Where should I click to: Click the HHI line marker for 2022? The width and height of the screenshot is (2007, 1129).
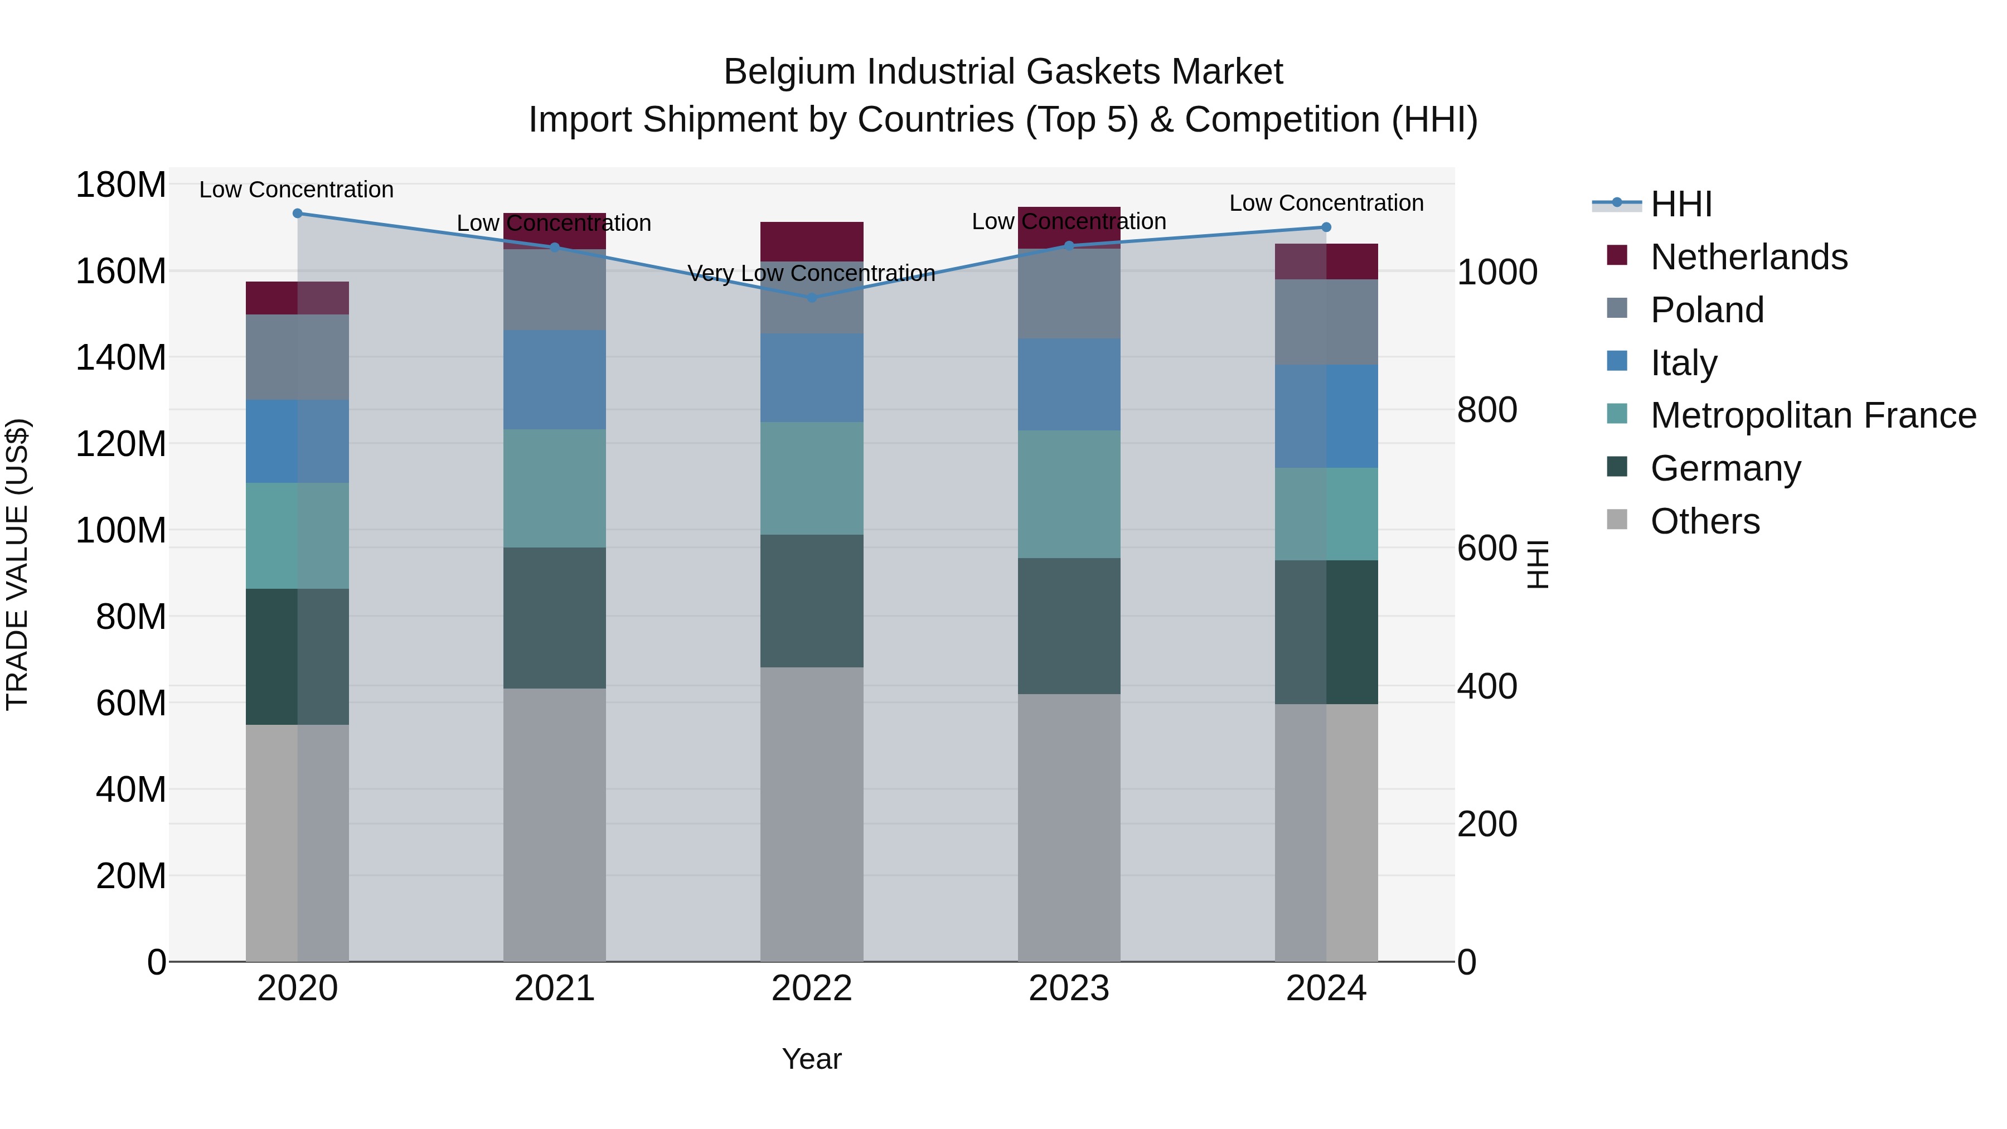[811, 298]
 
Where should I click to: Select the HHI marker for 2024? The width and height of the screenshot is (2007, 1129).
[1326, 227]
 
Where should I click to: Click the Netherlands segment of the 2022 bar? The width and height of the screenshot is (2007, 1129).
[811, 241]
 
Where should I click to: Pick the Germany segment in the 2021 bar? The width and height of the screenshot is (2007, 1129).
[554, 617]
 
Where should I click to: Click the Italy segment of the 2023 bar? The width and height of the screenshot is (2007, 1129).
[1068, 384]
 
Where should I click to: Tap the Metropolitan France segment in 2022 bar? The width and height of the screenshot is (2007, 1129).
[811, 478]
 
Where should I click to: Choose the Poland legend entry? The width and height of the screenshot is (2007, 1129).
[1707, 310]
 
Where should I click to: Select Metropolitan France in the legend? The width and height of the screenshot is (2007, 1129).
[1812, 415]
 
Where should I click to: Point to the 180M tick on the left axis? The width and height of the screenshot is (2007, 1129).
[121, 186]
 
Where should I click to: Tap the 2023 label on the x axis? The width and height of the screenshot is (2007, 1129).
[1068, 989]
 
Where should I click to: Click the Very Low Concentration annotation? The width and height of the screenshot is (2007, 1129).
[811, 274]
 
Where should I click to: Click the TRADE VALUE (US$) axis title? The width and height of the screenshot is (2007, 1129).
[17, 564]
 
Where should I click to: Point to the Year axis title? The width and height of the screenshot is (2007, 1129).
[811, 1059]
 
